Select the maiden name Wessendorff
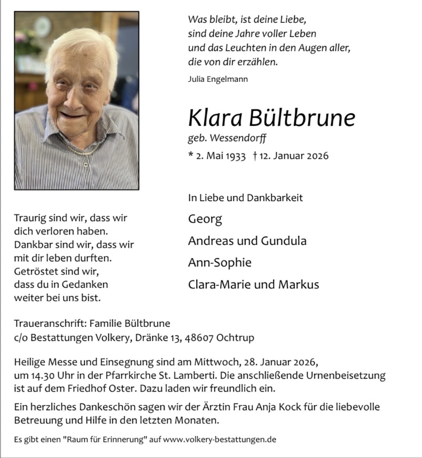[239, 137]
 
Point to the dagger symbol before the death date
[255, 156]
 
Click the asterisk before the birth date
[190, 155]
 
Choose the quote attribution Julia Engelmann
[218, 79]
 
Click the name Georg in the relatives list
[205, 219]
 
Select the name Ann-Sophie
[212, 263]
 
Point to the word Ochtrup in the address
[234, 338]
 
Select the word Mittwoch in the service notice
[222, 362]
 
